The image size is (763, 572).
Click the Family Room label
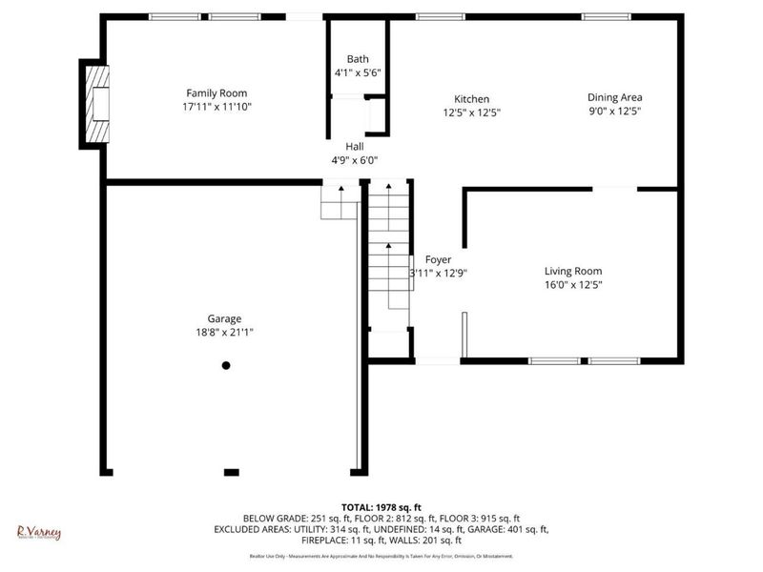click(x=217, y=93)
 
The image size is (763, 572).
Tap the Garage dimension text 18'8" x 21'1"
click(x=225, y=333)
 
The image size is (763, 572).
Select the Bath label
click(x=358, y=59)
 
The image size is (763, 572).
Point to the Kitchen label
click(x=471, y=99)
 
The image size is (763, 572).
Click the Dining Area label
click(x=614, y=97)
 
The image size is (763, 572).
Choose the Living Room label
click(x=573, y=271)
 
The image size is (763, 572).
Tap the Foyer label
click(x=438, y=259)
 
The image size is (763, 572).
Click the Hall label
click(x=355, y=147)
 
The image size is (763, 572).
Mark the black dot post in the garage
click(x=226, y=365)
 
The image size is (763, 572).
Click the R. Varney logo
click(x=39, y=532)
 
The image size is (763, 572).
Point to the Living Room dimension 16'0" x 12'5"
click(x=573, y=284)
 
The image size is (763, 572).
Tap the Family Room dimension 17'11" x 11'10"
click(x=217, y=107)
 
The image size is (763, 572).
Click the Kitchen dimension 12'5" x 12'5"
click(x=471, y=112)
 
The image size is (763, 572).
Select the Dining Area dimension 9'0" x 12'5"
click(x=614, y=111)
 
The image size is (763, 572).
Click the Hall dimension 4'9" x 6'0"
click(x=355, y=160)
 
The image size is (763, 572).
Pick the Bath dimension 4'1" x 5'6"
click(x=358, y=72)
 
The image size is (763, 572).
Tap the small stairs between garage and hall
click(x=338, y=202)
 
